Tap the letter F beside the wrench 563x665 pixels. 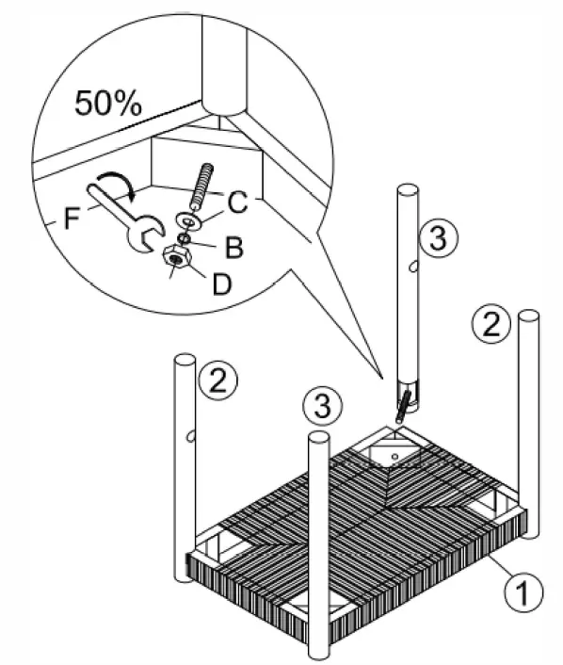pos(69,222)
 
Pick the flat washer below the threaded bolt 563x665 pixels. pos(188,220)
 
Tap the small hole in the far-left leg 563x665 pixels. pos(191,436)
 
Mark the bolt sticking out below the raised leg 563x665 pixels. pos(403,406)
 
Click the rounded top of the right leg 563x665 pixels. pos(529,317)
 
